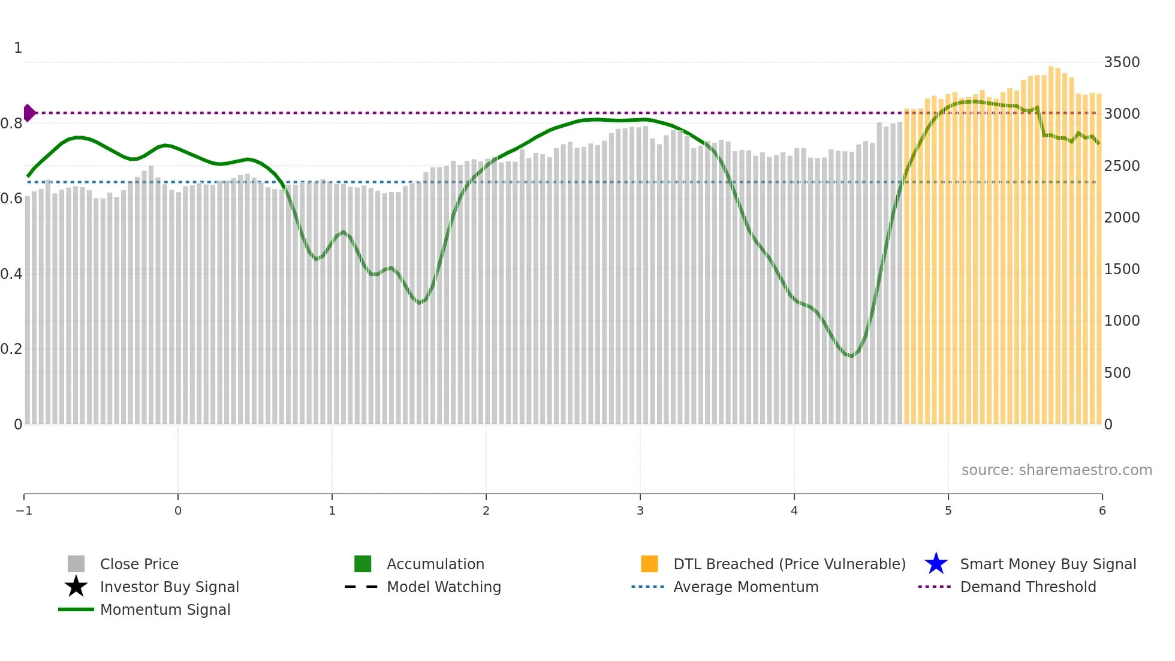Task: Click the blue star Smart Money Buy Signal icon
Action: coord(936,564)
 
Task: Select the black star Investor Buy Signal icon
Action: coord(76,587)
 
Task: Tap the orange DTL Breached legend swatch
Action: coord(649,564)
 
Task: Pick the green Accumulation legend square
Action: coord(363,564)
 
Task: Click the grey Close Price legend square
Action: coord(76,564)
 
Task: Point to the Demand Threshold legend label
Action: coord(1028,587)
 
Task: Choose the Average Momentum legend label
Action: coord(746,587)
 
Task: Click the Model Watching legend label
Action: coord(444,587)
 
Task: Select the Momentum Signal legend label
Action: coord(165,609)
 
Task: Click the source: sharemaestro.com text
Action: coord(1056,470)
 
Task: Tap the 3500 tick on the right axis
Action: coord(1122,62)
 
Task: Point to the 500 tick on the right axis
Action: coord(1117,372)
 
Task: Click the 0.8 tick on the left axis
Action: coord(11,124)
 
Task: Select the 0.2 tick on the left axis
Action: coord(11,349)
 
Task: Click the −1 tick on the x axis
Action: coord(24,510)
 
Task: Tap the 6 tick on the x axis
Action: coord(1102,510)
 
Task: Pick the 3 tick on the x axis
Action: coord(640,510)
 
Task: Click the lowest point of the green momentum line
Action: coord(851,356)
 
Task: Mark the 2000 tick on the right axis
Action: coord(1122,218)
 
